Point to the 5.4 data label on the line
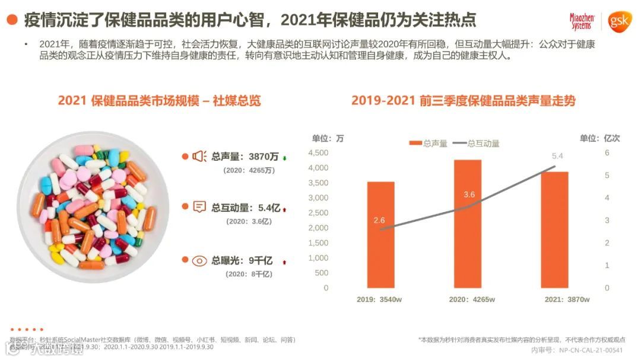(557, 156)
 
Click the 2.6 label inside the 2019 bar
(379, 220)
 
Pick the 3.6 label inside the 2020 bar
(469, 195)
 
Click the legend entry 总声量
(429, 144)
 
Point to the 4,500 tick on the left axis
(318, 153)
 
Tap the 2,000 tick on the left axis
(318, 228)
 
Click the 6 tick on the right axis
(607, 153)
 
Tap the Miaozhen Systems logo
(581, 22)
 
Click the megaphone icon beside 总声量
(199, 157)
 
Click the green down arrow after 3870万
(285, 158)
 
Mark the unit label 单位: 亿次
(599, 138)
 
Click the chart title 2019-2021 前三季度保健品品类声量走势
(463, 100)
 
